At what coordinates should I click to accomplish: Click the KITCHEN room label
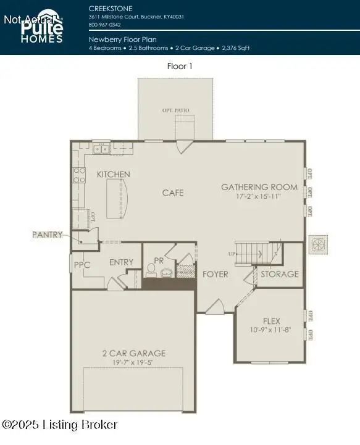pyautogui.click(x=114, y=175)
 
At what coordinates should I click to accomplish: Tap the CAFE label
pyautogui.click(x=173, y=193)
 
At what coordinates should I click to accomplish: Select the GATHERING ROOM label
pyautogui.click(x=259, y=187)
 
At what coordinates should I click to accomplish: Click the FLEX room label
pyautogui.click(x=271, y=321)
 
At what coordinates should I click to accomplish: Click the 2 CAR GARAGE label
pyautogui.click(x=133, y=353)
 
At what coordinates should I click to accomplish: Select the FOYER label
pyautogui.click(x=216, y=274)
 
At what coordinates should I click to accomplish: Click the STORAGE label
pyautogui.click(x=279, y=274)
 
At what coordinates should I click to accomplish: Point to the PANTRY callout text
pyautogui.click(x=48, y=235)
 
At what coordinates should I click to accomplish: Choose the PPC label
pyautogui.click(x=82, y=265)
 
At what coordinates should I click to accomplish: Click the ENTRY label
pyautogui.click(x=121, y=262)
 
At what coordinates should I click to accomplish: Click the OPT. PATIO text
pyautogui.click(x=175, y=110)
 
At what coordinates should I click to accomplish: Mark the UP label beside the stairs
pyautogui.click(x=232, y=254)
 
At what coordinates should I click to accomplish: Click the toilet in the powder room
pyautogui.click(x=151, y=270)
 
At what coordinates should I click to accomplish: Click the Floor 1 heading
pyautogui.click(x=180, y=66)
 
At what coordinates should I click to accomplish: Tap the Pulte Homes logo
pyautogui.click(x=41, y=28)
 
